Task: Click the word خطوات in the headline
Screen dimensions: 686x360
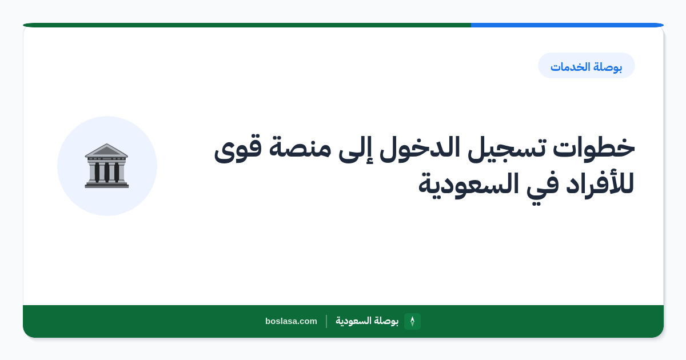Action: tap(594, 148)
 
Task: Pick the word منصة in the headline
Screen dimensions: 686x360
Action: tap(300, 148)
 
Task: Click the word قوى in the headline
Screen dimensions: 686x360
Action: tap(238, 149)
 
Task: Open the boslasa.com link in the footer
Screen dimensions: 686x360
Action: tap(291, 321)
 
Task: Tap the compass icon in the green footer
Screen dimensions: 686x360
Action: tap(412, 321)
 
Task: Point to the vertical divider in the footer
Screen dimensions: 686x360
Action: tap(326, 321)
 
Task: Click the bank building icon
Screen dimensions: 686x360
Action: tap(106, 166)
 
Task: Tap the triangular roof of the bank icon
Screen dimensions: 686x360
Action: tap(106, 150)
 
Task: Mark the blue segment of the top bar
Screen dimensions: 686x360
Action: tap(567, 25)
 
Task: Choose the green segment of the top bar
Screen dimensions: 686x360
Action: tap(247, 25)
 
